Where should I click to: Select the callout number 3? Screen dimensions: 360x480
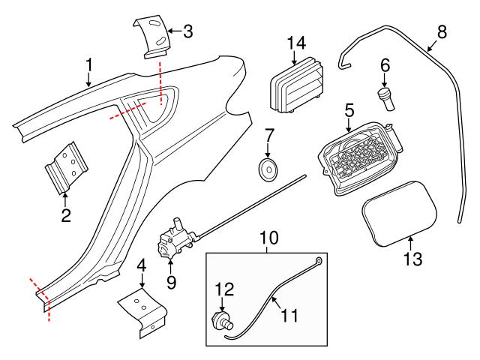point(188,31)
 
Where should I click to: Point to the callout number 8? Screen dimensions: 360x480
point(442,31)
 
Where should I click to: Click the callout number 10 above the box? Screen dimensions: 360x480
point(268,238)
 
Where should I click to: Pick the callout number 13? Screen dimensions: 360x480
point(412,259)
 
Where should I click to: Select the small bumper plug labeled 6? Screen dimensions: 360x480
point(387,99)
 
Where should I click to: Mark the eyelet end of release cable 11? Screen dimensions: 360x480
point(319,261)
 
